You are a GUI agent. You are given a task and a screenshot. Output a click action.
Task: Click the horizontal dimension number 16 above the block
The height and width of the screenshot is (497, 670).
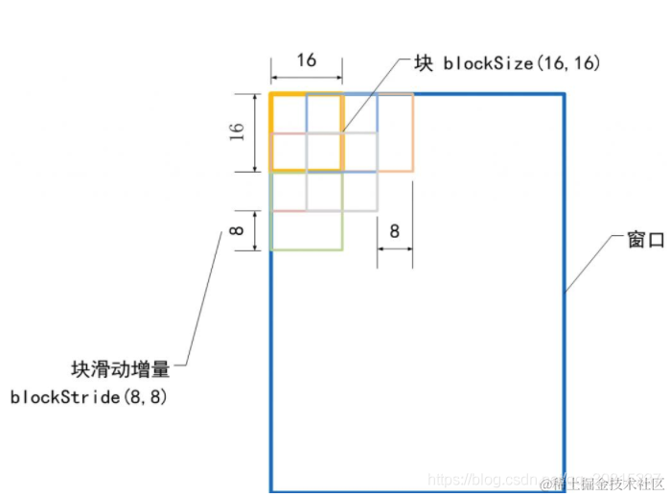point(306,60)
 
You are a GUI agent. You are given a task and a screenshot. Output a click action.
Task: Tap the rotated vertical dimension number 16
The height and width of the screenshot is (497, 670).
point(237,131)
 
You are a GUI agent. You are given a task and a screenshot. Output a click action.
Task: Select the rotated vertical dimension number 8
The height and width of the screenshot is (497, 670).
point(237,230)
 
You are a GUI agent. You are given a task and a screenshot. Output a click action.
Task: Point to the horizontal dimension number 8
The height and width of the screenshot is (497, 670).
point(394,230)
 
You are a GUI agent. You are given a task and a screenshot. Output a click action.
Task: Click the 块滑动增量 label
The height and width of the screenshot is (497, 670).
point(121,368)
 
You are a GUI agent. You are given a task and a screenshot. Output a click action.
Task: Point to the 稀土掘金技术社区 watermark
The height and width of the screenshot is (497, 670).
point(600,481)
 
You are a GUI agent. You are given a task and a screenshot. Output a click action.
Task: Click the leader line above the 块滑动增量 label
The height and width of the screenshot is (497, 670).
point(203,297)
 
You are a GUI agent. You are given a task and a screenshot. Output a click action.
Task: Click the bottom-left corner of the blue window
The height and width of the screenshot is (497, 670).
point(271,490)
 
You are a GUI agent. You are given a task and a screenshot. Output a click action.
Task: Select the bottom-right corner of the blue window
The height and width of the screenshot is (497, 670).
point(564,490)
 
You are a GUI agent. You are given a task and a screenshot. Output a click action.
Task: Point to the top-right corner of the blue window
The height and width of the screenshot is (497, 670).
point(564,94)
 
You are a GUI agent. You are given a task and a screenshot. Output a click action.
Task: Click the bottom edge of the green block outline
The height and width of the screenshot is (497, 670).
point(307,249)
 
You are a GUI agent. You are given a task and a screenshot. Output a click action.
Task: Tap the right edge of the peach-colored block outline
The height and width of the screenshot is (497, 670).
point(412,132)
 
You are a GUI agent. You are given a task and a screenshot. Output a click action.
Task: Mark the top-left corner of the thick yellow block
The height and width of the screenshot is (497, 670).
point(271,94)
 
